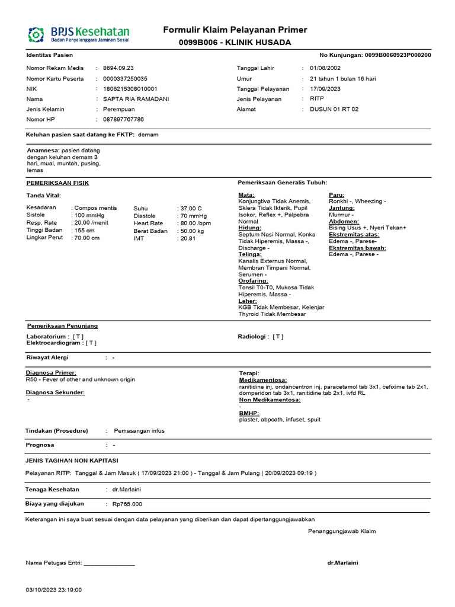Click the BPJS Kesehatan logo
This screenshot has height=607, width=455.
click(78, 35)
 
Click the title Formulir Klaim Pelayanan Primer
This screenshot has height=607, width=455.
click(235, 30)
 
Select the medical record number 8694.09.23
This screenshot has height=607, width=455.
click(118, 68)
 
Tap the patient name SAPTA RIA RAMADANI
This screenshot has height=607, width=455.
click(136, 99)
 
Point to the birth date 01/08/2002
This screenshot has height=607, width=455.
click(325, 68)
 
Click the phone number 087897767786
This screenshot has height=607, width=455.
click(123, 120)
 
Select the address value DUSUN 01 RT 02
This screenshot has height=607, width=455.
click(334, 110)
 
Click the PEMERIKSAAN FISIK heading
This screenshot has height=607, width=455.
click(57, 183)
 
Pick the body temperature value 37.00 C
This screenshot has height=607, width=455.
click(191, 209)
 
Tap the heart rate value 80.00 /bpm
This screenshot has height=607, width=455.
click(196, 223)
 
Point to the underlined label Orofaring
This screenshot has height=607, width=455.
click(253, 281)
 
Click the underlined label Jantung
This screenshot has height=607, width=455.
click(342, 208)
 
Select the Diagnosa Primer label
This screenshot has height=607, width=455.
click(51, 373)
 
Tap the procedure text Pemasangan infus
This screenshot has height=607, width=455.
click(139, 431)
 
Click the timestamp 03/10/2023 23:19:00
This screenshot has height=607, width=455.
click(54, 590)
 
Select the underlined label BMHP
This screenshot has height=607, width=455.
click(249, 413)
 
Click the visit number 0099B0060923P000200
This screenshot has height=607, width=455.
click(398, 55)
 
